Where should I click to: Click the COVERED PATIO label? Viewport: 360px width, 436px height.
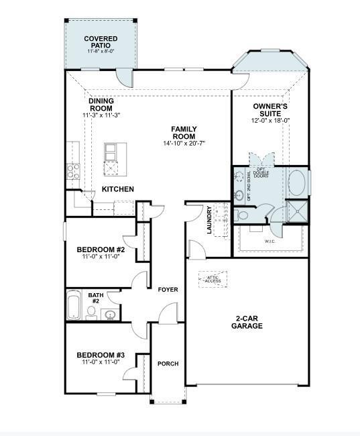[x=101, y=42]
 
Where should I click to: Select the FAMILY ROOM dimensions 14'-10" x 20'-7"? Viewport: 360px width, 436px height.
[x=183, y=144]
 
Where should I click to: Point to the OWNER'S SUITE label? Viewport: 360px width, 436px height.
[x=270, y=110]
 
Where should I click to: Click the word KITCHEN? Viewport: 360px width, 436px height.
[x=117, y=190]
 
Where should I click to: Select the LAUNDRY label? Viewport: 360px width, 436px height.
[x=209, y=219]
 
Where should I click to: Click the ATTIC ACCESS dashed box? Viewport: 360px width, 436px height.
[x=213, y=278]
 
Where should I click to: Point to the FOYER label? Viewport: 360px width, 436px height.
[x=168, y=290]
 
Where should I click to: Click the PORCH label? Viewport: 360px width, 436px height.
[x=168, y=364]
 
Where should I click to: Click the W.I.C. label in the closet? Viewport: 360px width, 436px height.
[x=270, y=241]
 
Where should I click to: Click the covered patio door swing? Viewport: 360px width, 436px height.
[x=121, y=76]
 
